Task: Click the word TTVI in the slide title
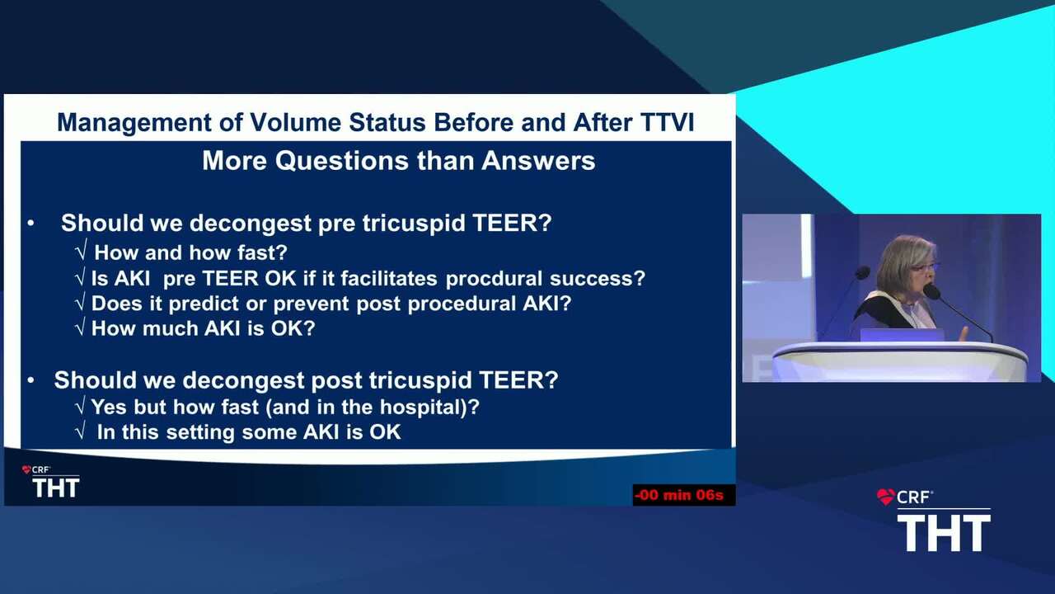(667, 123)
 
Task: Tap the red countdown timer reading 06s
(678, 495)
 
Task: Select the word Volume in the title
(295, 123)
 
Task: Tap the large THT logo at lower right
(944, 533)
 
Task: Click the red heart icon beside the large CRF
(886, 497)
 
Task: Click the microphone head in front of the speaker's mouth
(931, 291)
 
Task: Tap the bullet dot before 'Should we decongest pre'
(30, 223)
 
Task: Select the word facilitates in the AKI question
(389, 279)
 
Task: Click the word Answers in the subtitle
(538, 161)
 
